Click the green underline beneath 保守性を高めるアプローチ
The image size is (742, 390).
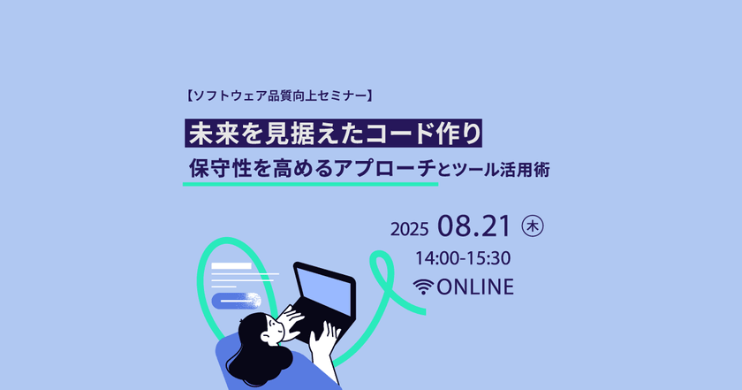coord(309,185)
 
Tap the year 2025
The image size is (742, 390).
coord(410,229)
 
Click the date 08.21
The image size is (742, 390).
coord(473,226)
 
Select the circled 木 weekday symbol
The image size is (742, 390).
coord(532,226)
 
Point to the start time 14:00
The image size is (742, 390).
coord(440,259)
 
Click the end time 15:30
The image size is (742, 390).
coord(491,259)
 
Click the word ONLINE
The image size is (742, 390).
coord(475,287)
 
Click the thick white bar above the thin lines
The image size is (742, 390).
coord(231,265)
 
